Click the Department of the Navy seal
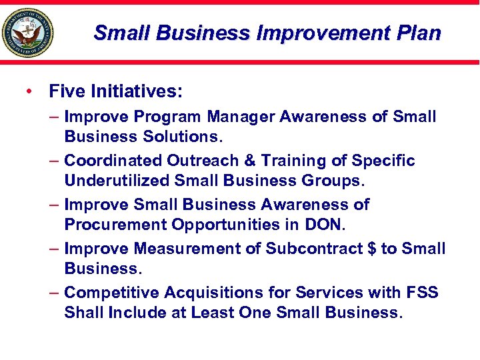(27, 33)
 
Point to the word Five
(66, 90)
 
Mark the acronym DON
(323, 225)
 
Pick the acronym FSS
(421, 293)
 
